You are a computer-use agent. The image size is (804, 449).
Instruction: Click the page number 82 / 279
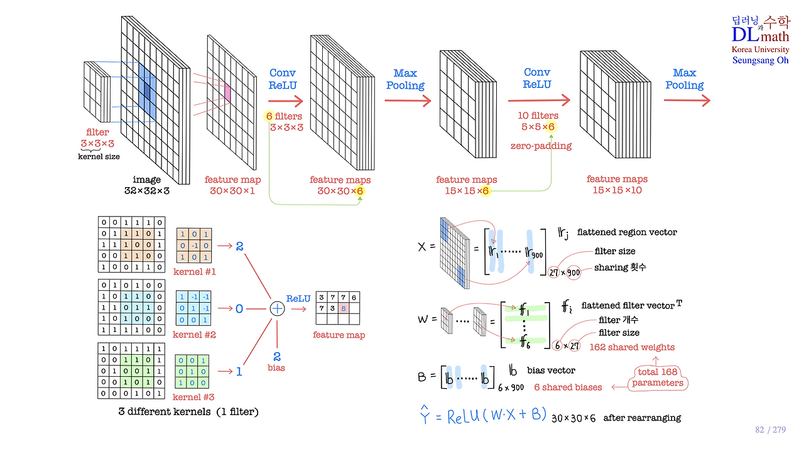pos(770,430)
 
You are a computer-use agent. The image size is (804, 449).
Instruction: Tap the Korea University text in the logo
pos(760,49)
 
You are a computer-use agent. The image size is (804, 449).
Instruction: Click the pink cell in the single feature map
pos(227,93)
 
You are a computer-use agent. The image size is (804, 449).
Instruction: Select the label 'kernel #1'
pos(195,272)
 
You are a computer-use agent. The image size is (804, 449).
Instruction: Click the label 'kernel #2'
pos(194,335)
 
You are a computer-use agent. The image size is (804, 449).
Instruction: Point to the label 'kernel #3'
pos(193,397)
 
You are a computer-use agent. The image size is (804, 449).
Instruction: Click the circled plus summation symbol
pos(277,309)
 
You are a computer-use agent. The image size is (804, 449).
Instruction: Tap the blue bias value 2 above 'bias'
pos(277,357)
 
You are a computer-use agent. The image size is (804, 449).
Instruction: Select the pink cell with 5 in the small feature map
pos(344,308)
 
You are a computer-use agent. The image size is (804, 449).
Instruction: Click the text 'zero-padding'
pos(541,146)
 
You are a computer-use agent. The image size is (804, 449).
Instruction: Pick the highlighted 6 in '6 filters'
pos(269,116)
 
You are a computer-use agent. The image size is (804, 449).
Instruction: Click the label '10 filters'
pos(538,116)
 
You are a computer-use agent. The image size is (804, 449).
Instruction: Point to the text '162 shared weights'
pos(632,347)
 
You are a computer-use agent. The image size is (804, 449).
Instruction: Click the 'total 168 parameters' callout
pos(658,377)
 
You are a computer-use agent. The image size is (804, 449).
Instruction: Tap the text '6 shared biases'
pos(568,387)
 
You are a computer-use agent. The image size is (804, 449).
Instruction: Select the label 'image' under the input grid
pos(147,180)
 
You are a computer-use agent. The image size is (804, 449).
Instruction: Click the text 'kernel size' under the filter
pos(99,156)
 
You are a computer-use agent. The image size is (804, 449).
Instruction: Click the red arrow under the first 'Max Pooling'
pos(408,100)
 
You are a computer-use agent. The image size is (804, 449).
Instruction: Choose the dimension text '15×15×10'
pos(617,190)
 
